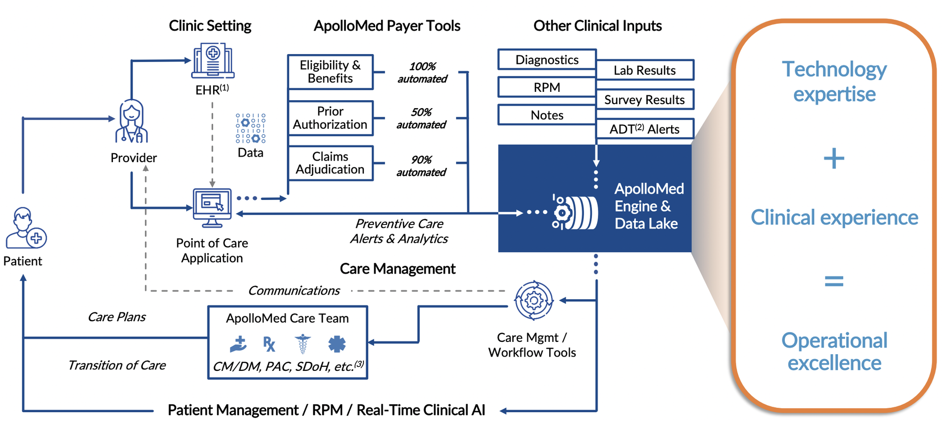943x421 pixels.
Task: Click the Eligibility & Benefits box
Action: (330, 72)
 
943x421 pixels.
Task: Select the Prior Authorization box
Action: (330, 118)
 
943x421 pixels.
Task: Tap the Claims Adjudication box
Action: (330, 163)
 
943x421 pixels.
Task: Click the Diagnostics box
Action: (547, 59)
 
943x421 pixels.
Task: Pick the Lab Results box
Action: (644, 70)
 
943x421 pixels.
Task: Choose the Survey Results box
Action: (644, 100)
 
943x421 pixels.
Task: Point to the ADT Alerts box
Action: (644, 129)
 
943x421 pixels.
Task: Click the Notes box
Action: (547, 115)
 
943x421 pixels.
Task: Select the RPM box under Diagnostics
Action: (547, 87)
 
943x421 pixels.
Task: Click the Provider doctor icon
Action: (131, 121)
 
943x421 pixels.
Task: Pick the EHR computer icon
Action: (213, 61)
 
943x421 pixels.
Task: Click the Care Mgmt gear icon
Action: (533, 300)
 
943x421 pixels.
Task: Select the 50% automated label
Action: (421, 118)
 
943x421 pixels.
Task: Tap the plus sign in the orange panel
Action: (834, 159)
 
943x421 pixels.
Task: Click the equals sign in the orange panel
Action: (834, 281)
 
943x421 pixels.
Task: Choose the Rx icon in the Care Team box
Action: (269, 344)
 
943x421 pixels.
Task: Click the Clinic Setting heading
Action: (210, 26)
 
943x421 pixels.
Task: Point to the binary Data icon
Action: (250, 128)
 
